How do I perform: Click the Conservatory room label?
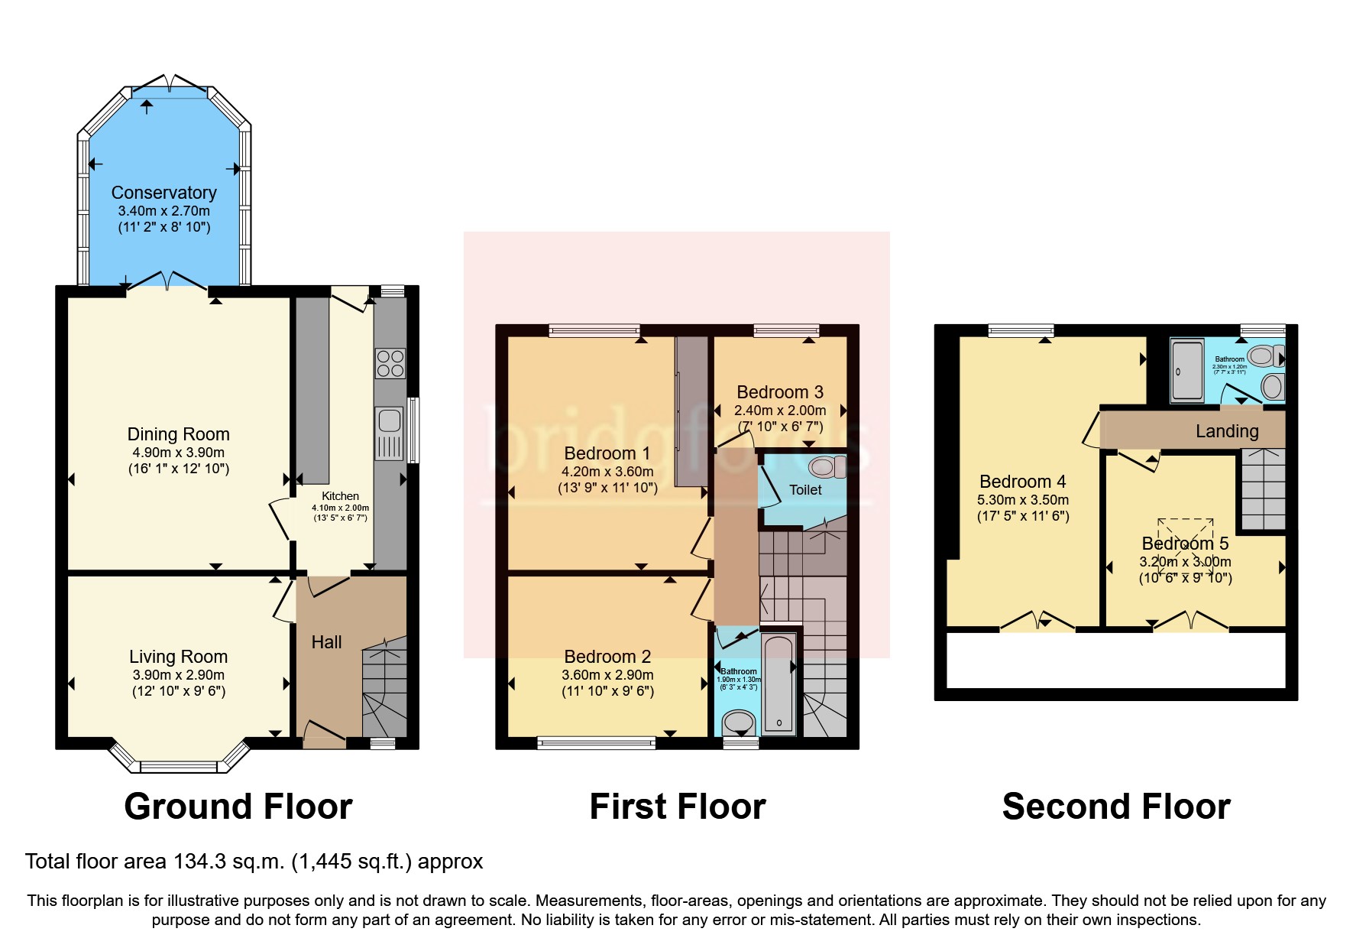(163, 193)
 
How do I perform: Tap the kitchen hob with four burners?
(390, 364)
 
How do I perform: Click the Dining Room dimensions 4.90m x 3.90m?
(178, 453)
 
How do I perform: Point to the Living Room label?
(178, 657)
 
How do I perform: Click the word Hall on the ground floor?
(326, 642)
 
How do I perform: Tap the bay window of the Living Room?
(179, 765)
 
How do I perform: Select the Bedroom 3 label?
(780, 392)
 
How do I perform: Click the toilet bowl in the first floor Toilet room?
(825, 466)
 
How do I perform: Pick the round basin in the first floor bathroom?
(739, 722)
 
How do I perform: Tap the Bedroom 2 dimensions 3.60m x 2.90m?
(607, 675)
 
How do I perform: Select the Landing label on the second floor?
(1226, 431)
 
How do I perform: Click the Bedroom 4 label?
(1022, 482)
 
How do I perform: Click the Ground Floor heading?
(238, 807)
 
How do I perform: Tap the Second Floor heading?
(1115, 807)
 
